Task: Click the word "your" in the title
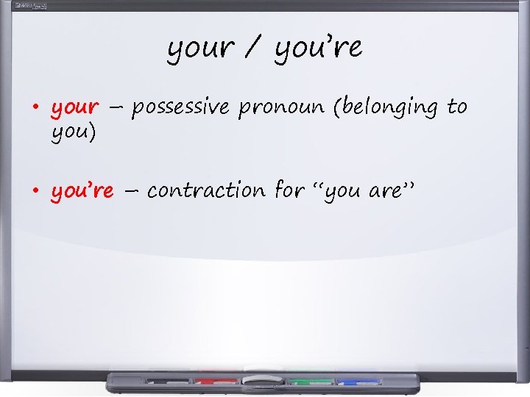coord(200,49)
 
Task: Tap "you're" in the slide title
coord(319,49)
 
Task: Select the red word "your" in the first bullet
coord(74,108)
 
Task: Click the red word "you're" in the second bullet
coord(82,191)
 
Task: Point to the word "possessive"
coord(181,108)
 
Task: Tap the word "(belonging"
coord(386,108)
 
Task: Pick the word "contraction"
coord(206,191)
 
